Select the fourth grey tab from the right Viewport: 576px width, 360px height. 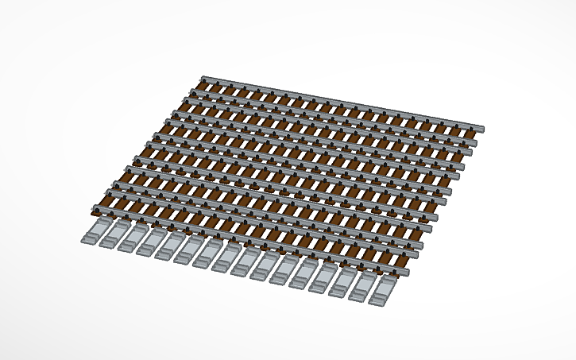pyautogui.click(x=325, y=279)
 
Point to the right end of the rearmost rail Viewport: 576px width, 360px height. pyautogui.click(x=481, y=128)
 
